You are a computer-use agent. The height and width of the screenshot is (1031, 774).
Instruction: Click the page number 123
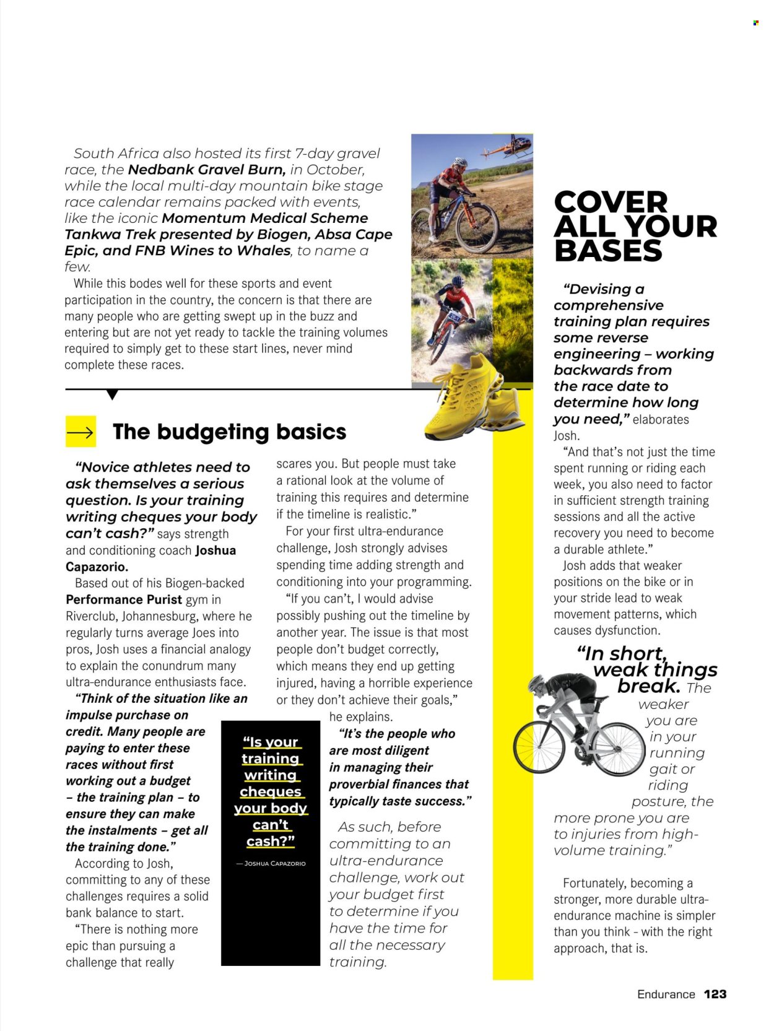tap(715, 994)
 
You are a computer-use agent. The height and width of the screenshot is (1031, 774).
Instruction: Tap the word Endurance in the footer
tap(666, 994)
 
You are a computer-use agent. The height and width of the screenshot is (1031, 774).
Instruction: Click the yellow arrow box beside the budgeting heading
tap(80, 432)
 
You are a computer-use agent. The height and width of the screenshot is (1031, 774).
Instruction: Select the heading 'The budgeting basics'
tap(229, 432)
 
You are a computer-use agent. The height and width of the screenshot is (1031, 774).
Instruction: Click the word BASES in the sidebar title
tap(608, 251)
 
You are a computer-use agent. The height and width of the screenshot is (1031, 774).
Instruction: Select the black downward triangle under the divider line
tap(112, 394)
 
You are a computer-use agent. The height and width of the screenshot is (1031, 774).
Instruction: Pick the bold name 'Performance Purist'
tap(124, 599)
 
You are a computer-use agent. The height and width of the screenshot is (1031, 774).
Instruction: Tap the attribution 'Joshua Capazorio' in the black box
tap(271, 863)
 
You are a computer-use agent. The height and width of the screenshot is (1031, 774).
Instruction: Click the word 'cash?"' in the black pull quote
tap(271, 842)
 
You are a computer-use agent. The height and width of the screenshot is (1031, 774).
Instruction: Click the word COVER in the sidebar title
tap(611, 202)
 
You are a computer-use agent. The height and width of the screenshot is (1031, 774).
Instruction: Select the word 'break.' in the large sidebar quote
tap(648, 686)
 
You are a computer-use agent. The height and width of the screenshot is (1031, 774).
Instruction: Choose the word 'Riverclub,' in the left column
tap(91, 616)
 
